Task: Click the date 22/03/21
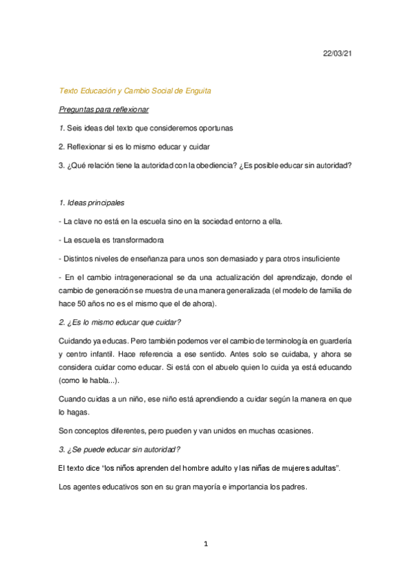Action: (x=337, y=52)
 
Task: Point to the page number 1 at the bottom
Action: (x=205, y=544)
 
